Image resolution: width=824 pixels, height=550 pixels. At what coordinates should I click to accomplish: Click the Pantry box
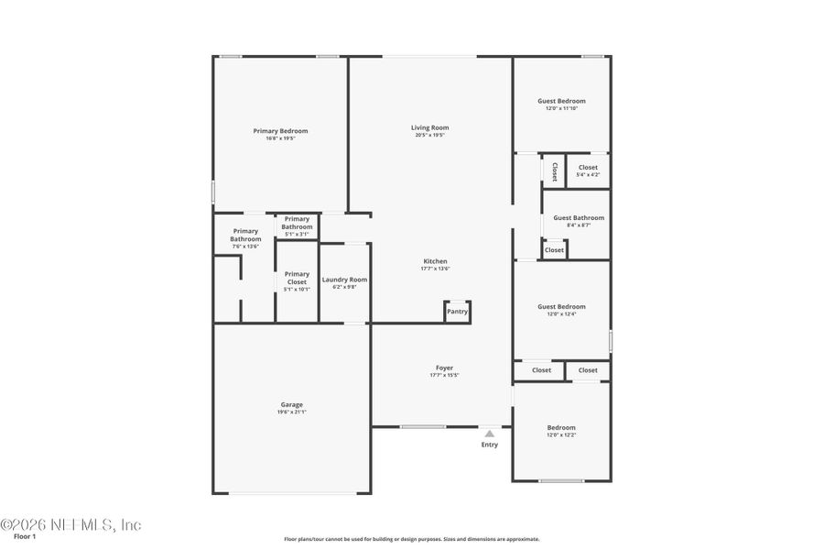(x=457, y=312)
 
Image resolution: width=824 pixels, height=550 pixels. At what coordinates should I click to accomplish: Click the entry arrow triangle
(x=490, y=434)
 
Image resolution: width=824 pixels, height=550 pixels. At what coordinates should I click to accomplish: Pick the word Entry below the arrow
(x=490, y=445)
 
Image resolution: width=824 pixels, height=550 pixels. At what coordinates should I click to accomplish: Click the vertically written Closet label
(x=554, y=170)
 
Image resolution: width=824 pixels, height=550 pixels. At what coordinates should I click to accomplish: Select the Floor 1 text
(x=24, y=537)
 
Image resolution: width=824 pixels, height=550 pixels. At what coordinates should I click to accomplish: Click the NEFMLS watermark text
(x=71, y=524)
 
